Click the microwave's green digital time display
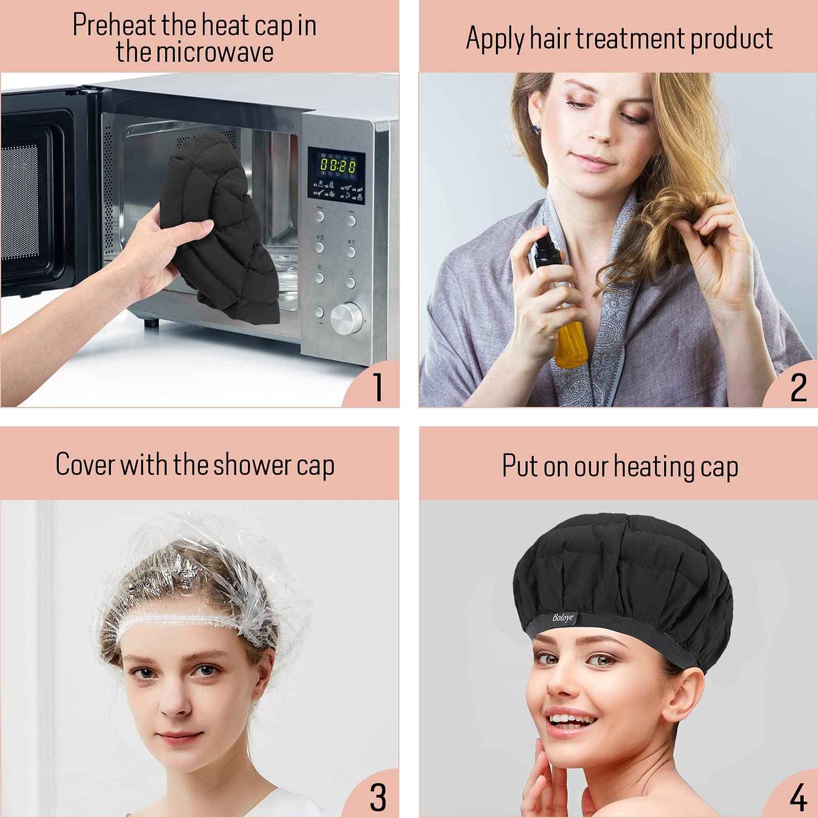point(338,165)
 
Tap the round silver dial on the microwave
point(346,318)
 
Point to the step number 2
point(798,388)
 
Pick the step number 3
point(378,798)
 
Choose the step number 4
point(798,798)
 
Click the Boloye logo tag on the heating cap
point(563,617)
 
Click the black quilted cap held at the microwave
point(224,226)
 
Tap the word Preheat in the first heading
point(114,25)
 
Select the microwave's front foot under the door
point(151,323)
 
